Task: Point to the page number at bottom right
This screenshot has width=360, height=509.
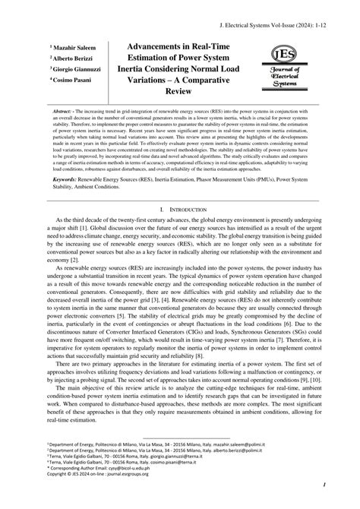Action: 324,485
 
